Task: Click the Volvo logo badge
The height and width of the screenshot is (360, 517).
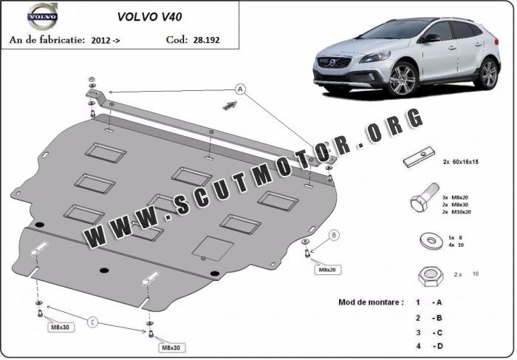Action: click(43, 16)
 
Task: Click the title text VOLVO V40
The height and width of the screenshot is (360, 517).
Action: click(149, 17)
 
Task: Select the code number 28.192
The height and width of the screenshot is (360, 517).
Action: click(206, 40)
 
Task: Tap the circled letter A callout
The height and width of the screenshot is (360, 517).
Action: click(240, 89)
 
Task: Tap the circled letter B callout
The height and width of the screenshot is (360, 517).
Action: click(334, 235)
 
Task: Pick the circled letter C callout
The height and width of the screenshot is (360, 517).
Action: click(92, 322)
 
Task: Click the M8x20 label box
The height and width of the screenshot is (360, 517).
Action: click(327, 270)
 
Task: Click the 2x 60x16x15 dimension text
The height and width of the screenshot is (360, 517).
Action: click(461, 162)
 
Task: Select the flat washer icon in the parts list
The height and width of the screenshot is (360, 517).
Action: click(431, 241)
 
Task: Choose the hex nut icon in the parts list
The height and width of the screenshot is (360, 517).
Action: click(431, 276)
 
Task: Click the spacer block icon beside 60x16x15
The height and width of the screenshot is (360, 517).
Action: click(419, 157)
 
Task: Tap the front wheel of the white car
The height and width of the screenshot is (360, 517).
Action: click(403, 79)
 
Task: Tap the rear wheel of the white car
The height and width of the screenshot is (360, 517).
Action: click(488, 74)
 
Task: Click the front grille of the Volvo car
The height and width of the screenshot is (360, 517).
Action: click(332, 62)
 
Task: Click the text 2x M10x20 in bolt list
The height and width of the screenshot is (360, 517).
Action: click(456, 212)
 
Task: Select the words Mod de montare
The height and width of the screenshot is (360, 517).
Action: click(371, 302)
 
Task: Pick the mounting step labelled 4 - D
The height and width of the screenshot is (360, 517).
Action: click(429, 346)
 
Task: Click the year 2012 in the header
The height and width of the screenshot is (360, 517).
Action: click(100, 40)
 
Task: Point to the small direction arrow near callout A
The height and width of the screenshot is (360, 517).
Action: click(230, 106)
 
